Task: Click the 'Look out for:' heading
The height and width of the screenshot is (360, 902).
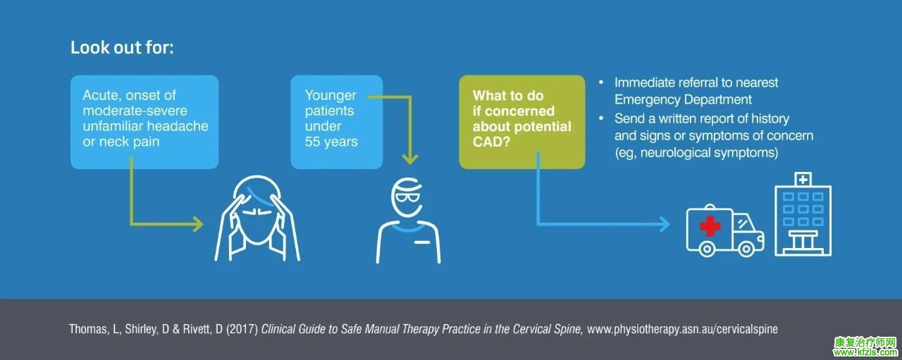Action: tap(122, 47)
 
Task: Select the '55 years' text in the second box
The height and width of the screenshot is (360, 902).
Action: tap(331, 142)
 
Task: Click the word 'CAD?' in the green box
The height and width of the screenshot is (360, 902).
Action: tap(491, 142)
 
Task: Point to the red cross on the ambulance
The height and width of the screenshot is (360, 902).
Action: tap(710, 226)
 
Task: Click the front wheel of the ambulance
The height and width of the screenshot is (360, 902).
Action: tap(746, 249)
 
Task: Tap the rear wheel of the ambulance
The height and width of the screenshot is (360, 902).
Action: tap(707, 249)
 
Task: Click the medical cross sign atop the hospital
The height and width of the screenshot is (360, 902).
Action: tap(803, 179)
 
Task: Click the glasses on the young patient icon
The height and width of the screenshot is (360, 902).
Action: tap(407, 198)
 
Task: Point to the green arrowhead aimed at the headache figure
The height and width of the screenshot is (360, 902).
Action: tap(197, 224)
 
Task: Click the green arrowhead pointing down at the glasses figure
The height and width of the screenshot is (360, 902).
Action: tap(410, 159)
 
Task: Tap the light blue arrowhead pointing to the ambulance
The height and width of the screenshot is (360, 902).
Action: tap(664, 224)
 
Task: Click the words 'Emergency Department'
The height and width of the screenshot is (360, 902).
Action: tap(683, 99)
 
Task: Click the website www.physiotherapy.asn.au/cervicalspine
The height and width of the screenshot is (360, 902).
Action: tap(682, 329)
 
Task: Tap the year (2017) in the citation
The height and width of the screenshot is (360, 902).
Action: tap(242, 329)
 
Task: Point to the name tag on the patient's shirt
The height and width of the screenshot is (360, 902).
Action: tap(422, 242)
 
